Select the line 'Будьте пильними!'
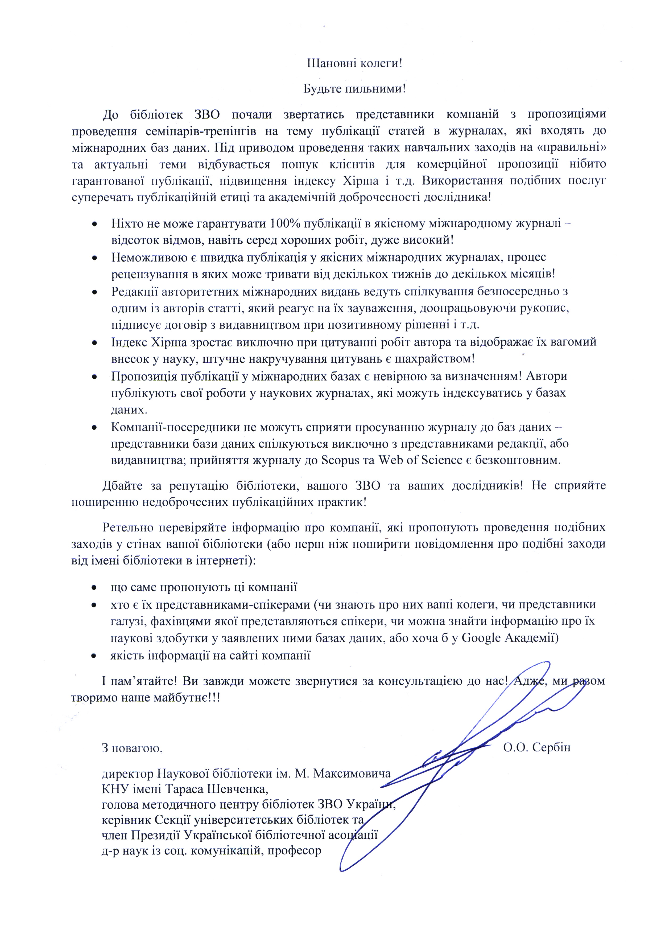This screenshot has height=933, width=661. (x=354, y=89)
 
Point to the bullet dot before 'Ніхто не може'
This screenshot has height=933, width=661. (x=94, y=224)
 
